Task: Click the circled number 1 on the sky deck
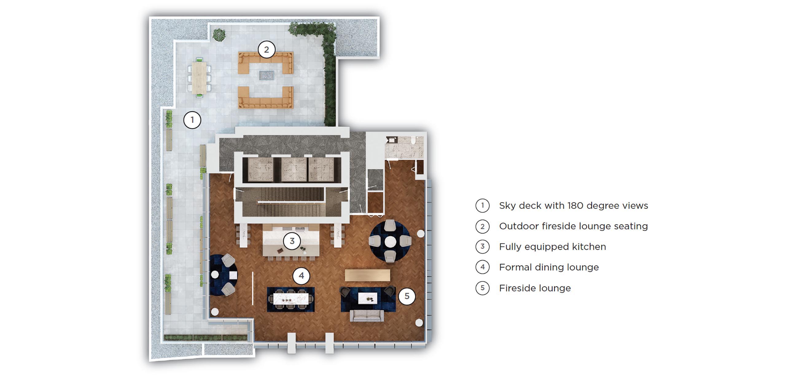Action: (x=192, y=120)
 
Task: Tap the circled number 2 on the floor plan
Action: (x=267, y=49)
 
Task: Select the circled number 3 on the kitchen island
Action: (x=292, y=241)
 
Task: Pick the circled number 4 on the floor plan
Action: (x=301, y=276)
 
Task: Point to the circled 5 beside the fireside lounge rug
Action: (x=407, y=296)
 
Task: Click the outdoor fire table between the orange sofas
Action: (x=266, y=75)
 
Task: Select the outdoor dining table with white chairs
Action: (x=199, y=77)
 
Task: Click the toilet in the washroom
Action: (x=414, y=141)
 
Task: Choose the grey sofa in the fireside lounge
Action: (x=367, y=316)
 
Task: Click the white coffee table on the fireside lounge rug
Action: (x=368, y=297)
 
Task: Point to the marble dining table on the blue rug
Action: (x=290, y=299)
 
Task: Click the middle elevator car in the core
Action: (x=294, y=169)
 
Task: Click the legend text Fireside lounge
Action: (x=535, y=288)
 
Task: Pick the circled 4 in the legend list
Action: (x=482, y=267)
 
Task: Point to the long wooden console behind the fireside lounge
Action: (x=368, y=275)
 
